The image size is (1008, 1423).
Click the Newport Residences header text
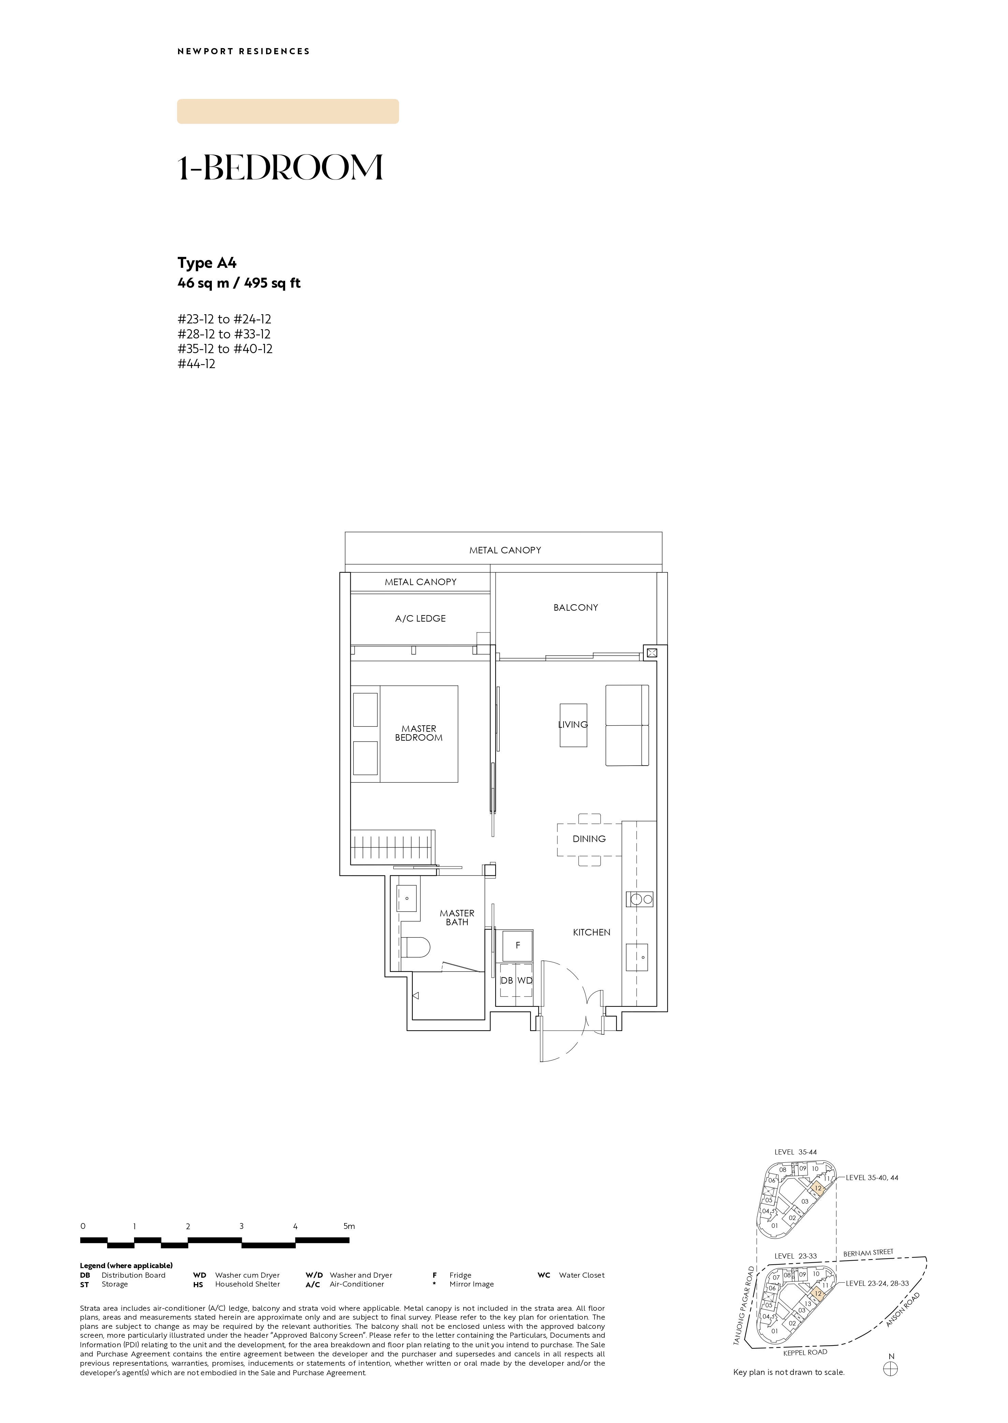(x=243, y=52)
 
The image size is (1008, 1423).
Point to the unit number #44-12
(x=196, y=364)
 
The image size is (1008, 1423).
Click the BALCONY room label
(x=575, y=607)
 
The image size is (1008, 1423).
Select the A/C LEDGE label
(x=420, y=619)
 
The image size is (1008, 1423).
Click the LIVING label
(x=572, y=725)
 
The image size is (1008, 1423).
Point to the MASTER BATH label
(x=457, y=918)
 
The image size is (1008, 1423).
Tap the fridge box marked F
(x=518, y=946)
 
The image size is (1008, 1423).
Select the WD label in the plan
(x=525, y=980)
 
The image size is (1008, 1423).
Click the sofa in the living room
(x=627, y=725)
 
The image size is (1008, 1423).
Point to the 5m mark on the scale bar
(x=349, y=1226)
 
